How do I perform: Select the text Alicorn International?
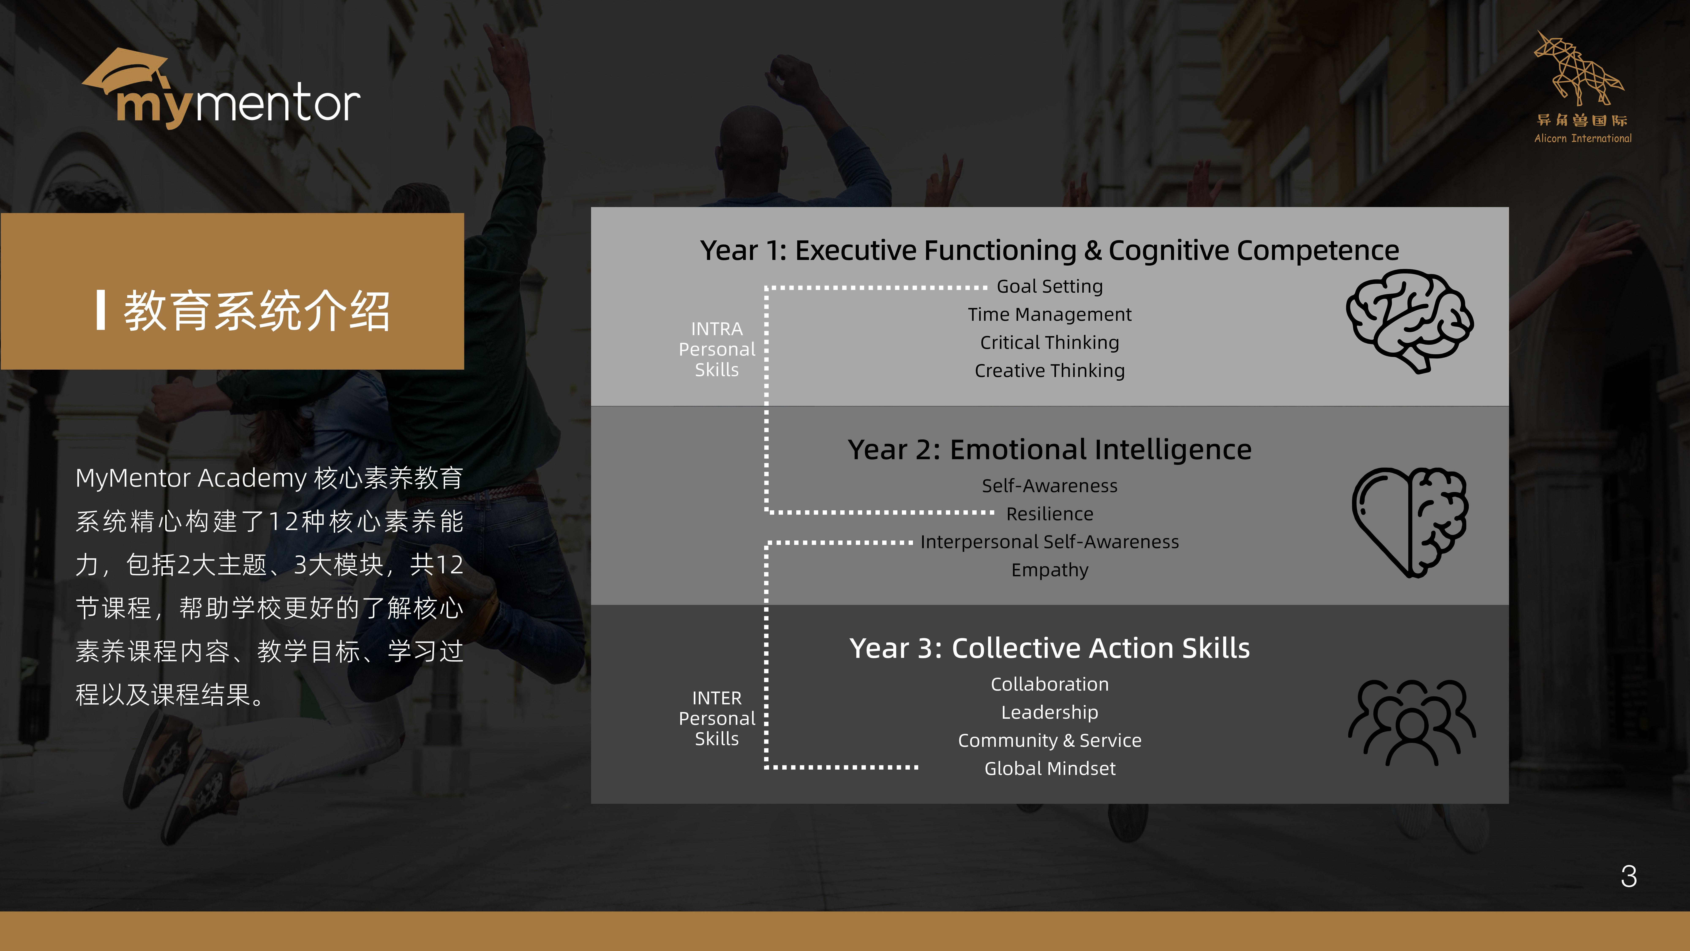coord(1582,138)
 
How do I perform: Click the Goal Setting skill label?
coord(1050,287)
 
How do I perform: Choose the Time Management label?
coord(1050,315)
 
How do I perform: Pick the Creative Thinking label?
coord(1050,371)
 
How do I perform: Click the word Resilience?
coord(1050,514)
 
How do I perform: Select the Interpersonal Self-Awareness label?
coord(1050,542)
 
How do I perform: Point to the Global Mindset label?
coord(1050,769)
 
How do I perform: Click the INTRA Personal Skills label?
coord(717,349)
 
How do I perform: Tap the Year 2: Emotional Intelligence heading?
coord(1050,450)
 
